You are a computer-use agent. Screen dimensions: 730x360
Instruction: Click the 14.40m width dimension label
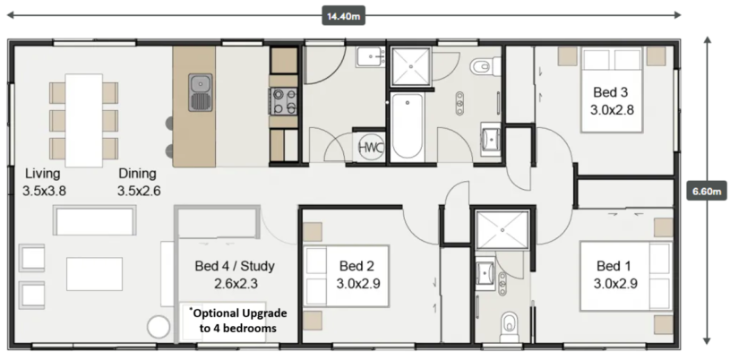[344, 16]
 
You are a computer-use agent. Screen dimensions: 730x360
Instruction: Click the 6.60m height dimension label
[706, 191]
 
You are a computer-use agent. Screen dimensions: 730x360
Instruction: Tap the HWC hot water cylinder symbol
[371, 148]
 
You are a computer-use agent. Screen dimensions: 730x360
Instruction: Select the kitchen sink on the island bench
[201, 92]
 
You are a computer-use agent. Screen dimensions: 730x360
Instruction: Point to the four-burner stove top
[283, 101]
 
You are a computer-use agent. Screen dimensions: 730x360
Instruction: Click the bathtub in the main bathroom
[408, 126]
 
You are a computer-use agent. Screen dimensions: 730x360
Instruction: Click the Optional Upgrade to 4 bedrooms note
[238, 321]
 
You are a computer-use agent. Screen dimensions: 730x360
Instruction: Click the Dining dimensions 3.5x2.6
[139, 191]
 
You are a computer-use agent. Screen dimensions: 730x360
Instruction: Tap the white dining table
[84, 120]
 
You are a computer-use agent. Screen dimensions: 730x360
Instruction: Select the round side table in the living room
[159, 327]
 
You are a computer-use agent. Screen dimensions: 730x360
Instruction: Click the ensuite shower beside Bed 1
[502, 230]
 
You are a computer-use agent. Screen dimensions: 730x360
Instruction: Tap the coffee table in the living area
[95, 274]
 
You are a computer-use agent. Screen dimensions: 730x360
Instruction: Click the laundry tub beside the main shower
[371, 57]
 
